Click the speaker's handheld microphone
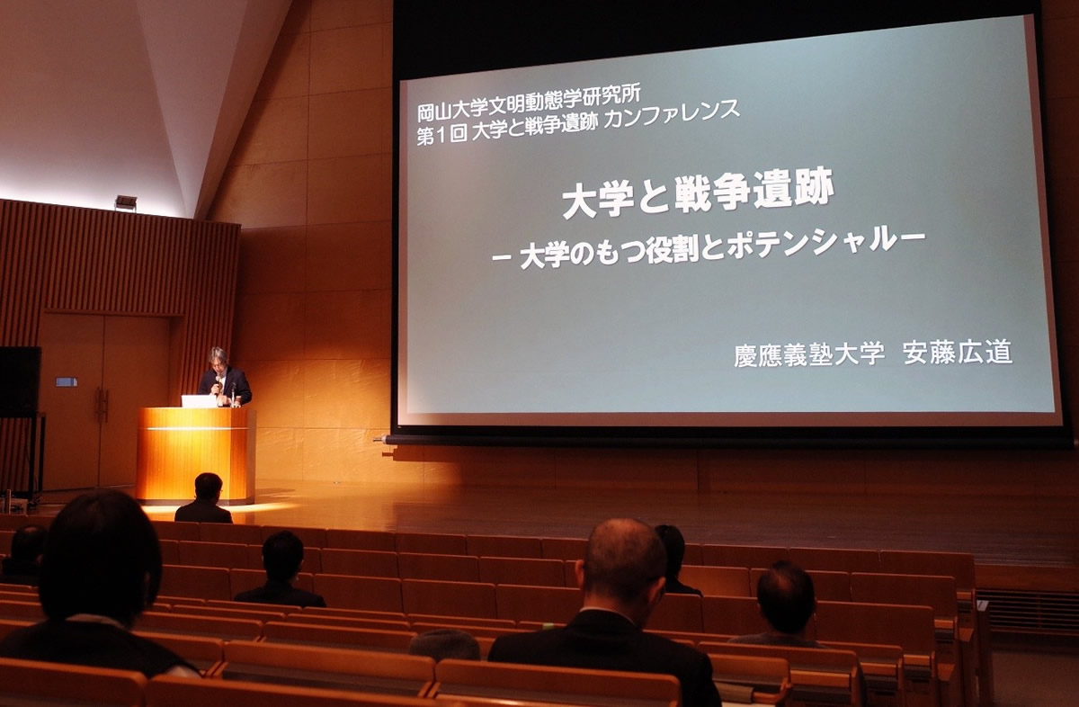218,383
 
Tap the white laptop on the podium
199,401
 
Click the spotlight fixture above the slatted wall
126,201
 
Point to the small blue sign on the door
67,382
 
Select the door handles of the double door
102,405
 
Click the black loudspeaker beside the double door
19,381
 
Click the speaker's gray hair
218,354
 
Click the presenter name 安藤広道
957,352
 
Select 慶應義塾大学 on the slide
810,354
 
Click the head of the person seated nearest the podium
208,488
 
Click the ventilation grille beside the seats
1027,611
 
